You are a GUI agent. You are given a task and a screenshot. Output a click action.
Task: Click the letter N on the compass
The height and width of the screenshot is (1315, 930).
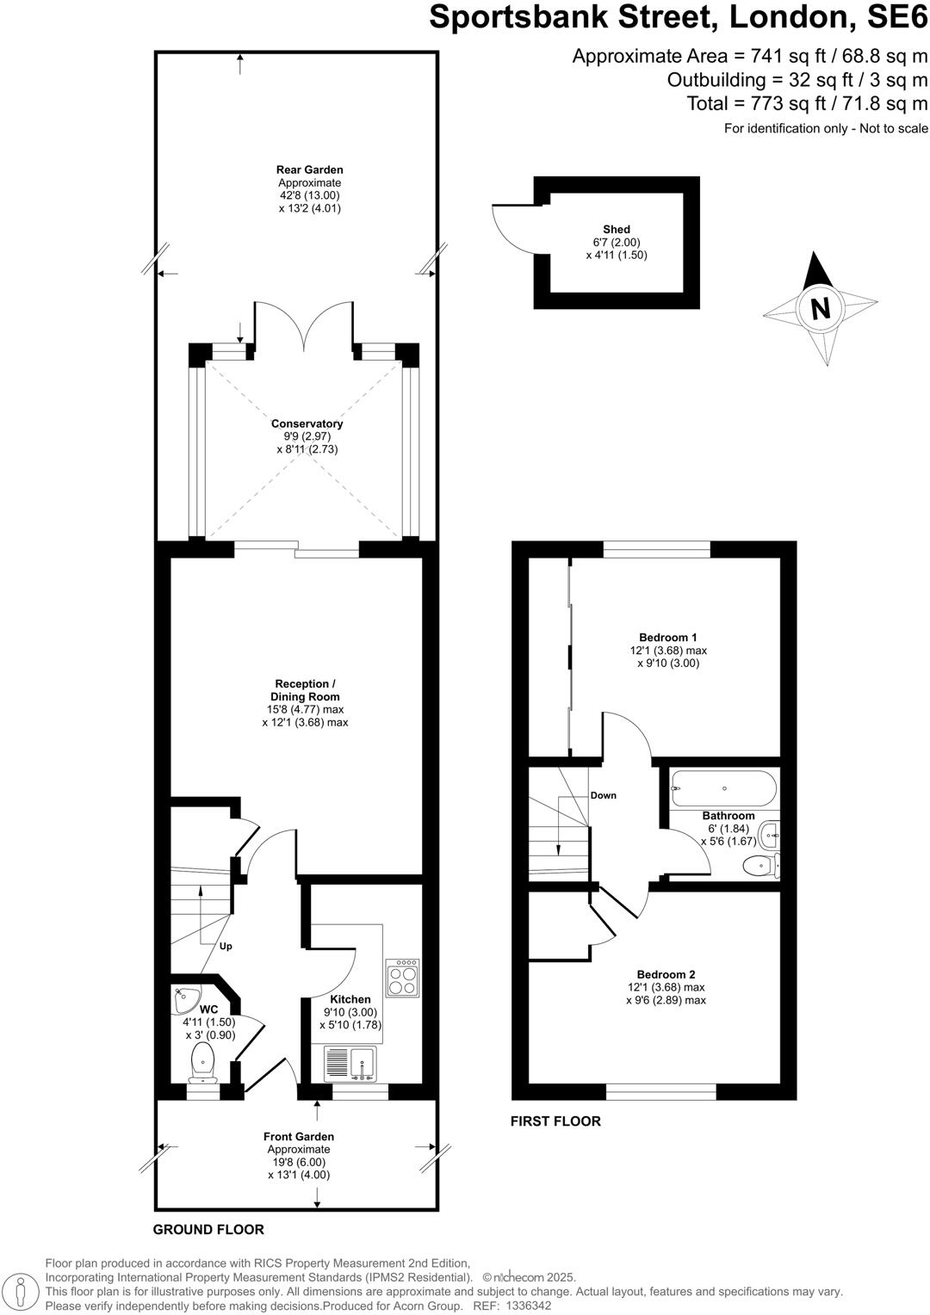tap(820, 308)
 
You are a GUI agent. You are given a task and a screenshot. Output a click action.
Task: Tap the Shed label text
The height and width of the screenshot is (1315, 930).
tap(616, 230)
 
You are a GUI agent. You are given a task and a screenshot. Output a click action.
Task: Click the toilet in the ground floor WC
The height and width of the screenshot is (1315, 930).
tap(203, 1060)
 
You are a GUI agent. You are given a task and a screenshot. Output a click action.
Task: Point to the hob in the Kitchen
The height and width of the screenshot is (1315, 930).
tap(402, 976)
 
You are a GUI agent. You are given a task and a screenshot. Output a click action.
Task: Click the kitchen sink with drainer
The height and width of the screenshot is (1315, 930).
tap(349, 1063)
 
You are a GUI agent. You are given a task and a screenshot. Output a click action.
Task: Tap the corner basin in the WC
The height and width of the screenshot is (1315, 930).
tap(186, 1000)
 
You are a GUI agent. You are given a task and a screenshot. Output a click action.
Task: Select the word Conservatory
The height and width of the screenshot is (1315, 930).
tap(307, 423)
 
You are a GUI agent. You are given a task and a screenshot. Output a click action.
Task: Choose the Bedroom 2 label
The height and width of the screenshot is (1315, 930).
tap(666, 974)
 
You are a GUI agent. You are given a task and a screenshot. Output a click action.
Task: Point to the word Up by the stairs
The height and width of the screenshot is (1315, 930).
tap(226, 946)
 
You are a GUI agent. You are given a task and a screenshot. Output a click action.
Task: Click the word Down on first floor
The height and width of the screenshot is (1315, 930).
tap(603, 795)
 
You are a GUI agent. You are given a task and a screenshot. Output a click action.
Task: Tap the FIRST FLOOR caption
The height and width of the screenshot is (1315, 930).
tap(555, 1121)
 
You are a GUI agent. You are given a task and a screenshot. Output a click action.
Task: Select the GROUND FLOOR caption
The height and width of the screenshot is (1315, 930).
tap(208, 1229)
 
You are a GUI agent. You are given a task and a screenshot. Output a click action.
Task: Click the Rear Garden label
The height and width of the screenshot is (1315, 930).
tap(309, 170)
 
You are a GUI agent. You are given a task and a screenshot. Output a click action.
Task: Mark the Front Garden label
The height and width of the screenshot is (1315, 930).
tap(298, 1137)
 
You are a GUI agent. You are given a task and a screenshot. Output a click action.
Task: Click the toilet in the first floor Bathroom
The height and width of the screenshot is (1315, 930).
tap(759, 865)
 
